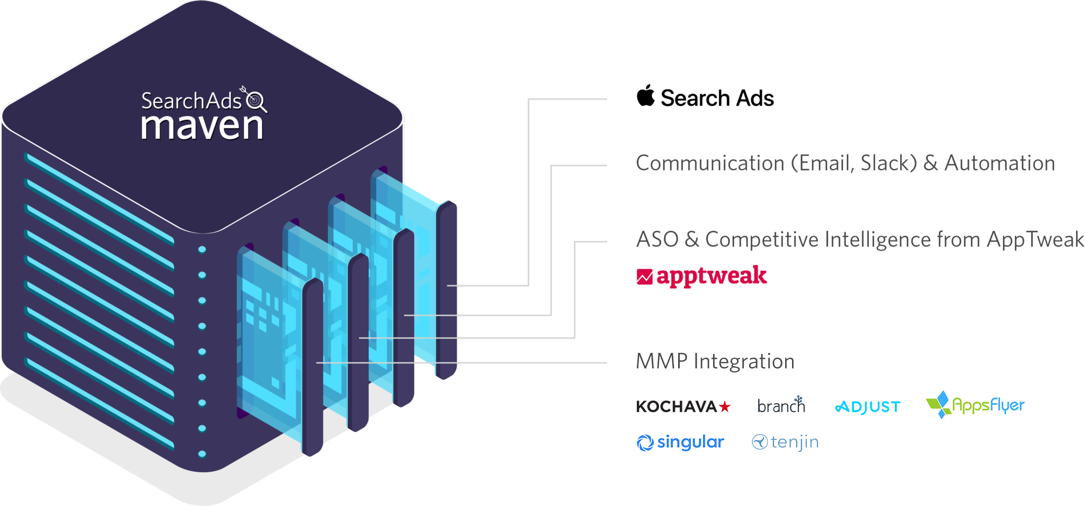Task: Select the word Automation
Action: [x=1000, y=163]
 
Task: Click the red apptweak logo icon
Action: [x=644, y=277]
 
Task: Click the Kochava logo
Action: [x=683, y=406]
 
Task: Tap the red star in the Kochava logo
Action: [x=725, y=406]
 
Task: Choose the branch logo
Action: [x=781, y=405]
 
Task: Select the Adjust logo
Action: [x=868, y=407]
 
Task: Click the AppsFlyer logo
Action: [x=975, y=405]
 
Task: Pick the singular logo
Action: [x=680, y=442]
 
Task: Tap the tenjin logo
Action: [x=785, y=442]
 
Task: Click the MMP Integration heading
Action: [x=715, y=361]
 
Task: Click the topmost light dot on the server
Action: [x=202, y=250]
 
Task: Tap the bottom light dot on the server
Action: [x=202, y=454]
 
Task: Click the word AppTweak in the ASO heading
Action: [x=1035, y=239]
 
